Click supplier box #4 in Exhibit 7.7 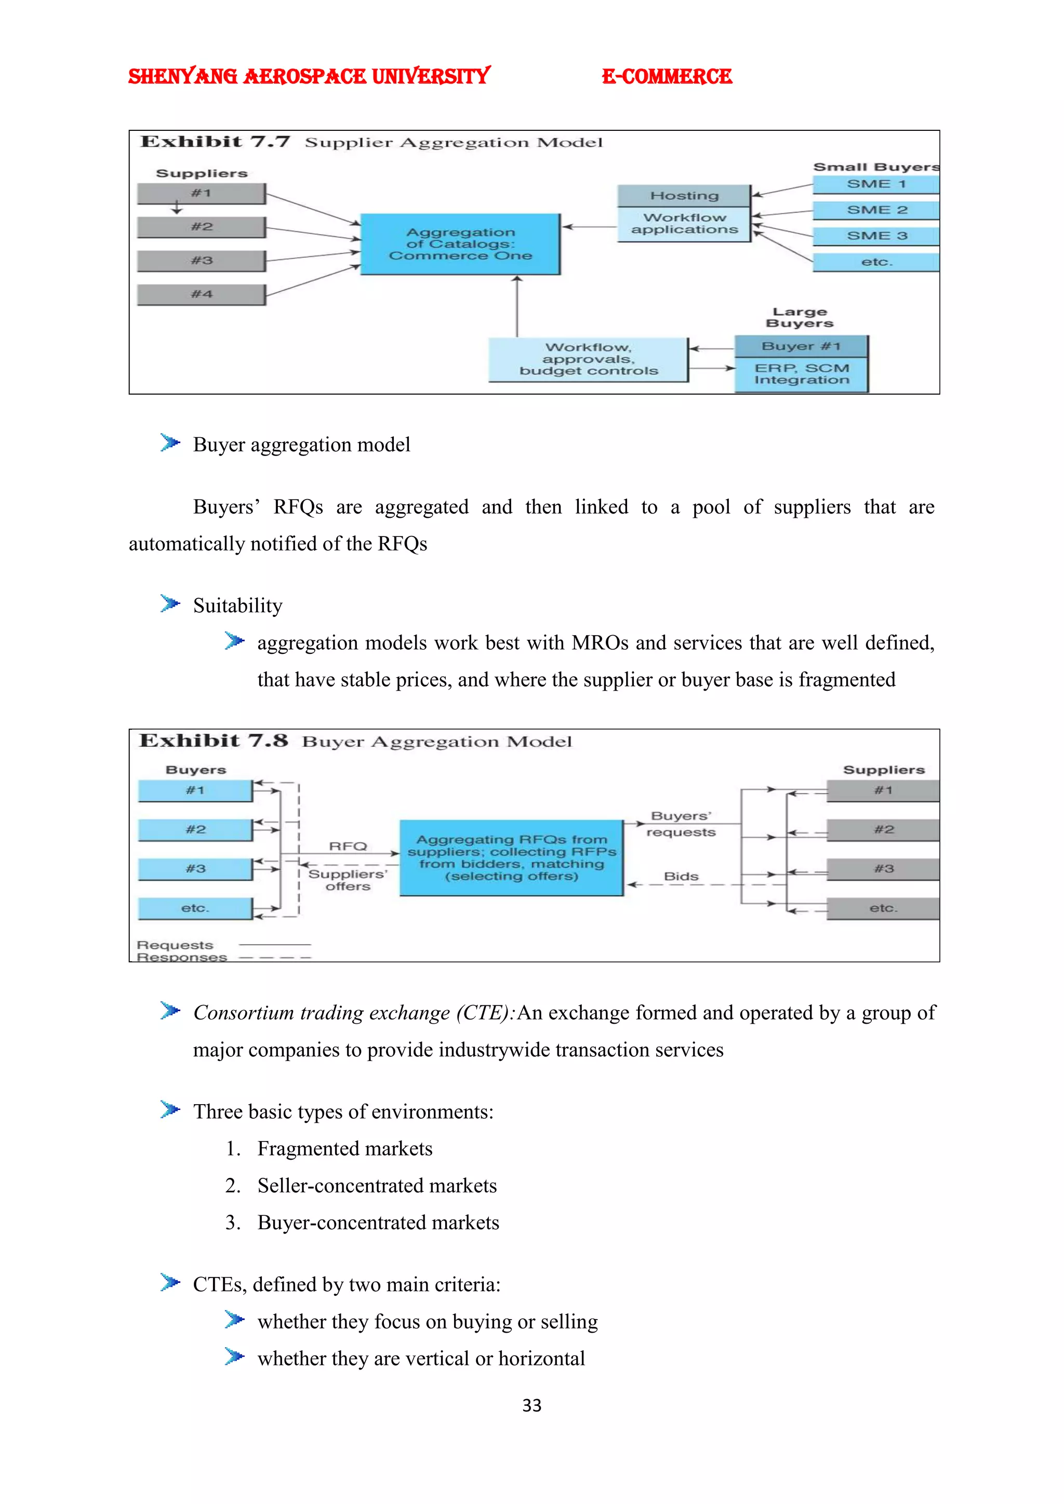[201, 294]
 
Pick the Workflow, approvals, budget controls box [588, 359]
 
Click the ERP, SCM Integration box [801, 374]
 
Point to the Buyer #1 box [801, 346]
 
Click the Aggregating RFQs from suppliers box [511, 857]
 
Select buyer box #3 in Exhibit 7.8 [195, 869]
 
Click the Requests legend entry [175, 945]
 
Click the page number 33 [531, 1405]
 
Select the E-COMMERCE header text [667, 77]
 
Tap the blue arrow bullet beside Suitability [170, 603]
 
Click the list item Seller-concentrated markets [377, 1186]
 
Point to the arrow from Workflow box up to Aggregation [517, 306]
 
